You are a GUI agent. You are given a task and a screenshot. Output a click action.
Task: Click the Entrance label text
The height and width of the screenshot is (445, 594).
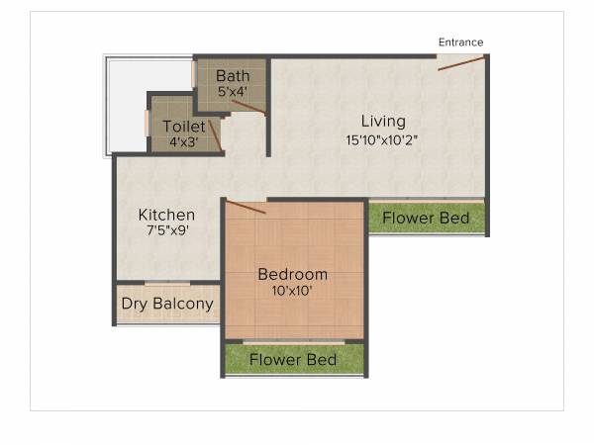click(460, 43)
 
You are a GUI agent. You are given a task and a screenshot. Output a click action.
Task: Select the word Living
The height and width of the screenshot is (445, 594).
click(383, 122)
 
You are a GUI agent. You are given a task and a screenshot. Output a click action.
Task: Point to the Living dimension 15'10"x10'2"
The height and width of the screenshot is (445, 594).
click(383, 139)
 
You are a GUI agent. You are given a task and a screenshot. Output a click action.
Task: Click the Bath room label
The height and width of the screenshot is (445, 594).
click(234, 76)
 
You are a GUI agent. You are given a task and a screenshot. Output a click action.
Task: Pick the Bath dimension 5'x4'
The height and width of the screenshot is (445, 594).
click(234, 92)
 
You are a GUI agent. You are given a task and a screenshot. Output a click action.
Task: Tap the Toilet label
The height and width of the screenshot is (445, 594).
click(184, 127)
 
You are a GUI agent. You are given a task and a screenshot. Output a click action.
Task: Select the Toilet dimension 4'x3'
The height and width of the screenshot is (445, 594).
click(184, 141)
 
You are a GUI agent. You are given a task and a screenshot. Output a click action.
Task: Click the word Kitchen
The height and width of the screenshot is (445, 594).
click(166, 215)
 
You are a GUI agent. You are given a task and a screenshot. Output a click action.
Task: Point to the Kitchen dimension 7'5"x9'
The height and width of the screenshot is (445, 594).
click(166, 231)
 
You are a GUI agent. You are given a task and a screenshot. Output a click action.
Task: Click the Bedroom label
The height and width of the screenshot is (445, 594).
click(292, 274)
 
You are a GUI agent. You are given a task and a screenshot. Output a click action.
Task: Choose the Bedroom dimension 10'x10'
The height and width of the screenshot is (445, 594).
click(292, 291)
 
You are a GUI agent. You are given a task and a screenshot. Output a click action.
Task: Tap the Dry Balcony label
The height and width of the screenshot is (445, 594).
click(167, 304)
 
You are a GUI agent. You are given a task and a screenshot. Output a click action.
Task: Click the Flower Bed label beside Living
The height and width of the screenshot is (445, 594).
click(427, 218)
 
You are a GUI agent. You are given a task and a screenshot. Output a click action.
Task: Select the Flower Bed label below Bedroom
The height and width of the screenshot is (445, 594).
click(293, 359)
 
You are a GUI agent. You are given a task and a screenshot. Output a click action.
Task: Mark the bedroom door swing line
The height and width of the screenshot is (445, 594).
click(246, 207)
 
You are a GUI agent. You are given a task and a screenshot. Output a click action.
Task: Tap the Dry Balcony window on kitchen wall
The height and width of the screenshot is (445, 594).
click(166, 285)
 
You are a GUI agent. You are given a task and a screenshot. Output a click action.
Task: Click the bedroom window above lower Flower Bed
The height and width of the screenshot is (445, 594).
click(294, 341)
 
